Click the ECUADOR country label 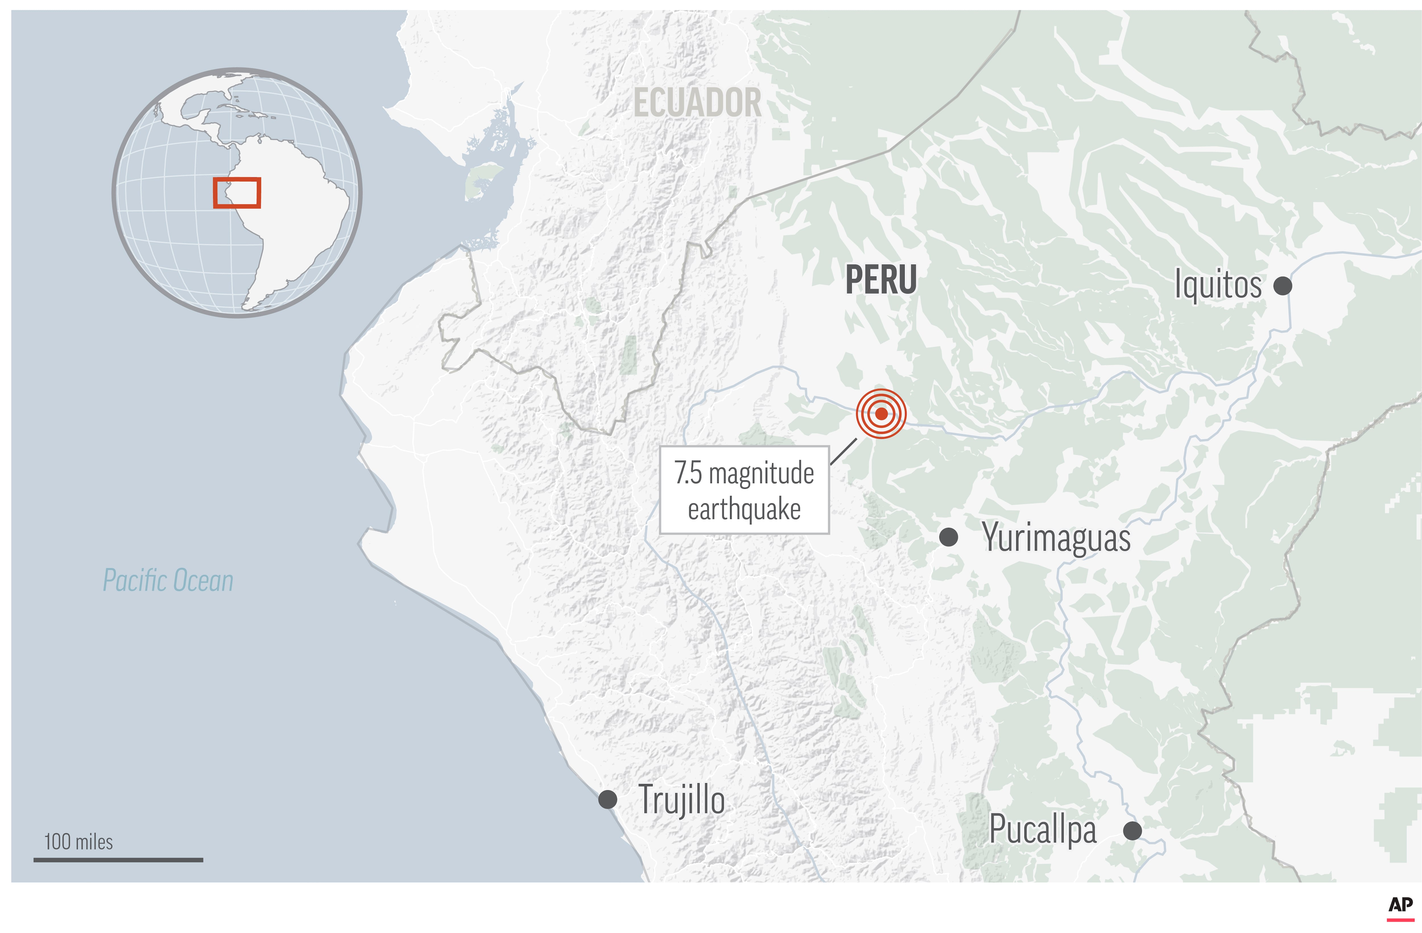(x=697, y=103)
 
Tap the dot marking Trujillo (x=608, y=799)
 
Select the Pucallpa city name (x=1043, y=830)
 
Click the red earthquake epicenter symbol (x=881, y=413)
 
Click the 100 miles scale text (x=78, y=842)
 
